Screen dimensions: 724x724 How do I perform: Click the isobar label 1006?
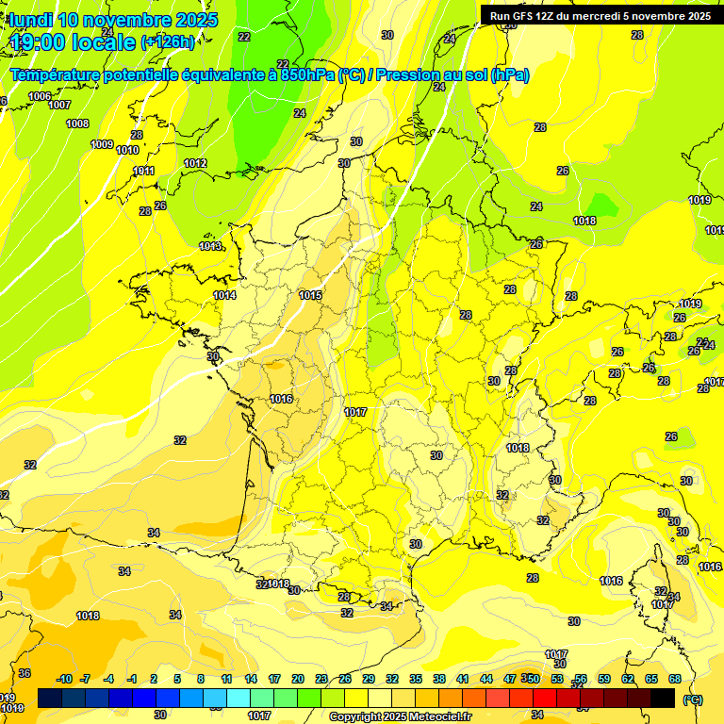point(40,96)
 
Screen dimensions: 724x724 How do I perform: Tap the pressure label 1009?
point(102,144)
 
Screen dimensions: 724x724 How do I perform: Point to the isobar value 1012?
point(195,164)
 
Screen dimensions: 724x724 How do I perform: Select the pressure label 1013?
point(210,246)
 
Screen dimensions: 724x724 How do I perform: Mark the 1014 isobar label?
point(224,295)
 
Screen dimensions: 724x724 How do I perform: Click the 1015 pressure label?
point(310,295)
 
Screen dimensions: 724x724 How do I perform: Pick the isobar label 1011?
point(143,171)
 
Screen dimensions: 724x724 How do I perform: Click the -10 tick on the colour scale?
point(65,679)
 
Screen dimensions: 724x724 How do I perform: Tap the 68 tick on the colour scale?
point(675,679)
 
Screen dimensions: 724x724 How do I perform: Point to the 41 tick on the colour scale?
point(463,679)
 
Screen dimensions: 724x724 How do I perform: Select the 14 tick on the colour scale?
point(251,679)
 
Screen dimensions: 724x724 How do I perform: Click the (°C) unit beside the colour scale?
point(692,699)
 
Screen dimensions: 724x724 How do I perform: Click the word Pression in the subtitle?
point(408,75)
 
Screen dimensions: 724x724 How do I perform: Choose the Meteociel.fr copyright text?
point(400,717)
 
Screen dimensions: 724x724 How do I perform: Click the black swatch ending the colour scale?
point(663,698)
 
